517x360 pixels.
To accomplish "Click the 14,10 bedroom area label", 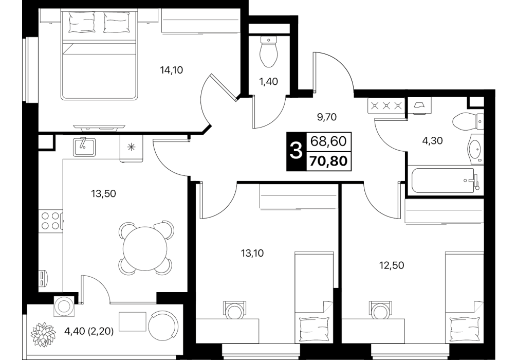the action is click(172, 70).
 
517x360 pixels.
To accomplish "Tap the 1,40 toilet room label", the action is click(269, 81).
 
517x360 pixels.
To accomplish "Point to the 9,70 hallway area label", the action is click(327, 117).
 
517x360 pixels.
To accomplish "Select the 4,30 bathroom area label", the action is click(432, 141).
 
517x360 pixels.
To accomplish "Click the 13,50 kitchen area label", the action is click(103, 194).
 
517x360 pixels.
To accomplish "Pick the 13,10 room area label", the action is click(252, 254).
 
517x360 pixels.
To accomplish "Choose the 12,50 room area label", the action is click(392, 265).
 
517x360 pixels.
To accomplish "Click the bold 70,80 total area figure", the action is click(329, 161).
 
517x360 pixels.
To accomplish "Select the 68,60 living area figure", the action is click(329, 141).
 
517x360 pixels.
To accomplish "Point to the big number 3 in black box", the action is click(296, 152).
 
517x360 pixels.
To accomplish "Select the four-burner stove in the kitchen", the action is click(50, 221).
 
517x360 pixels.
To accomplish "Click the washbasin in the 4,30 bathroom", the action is click(475, 150).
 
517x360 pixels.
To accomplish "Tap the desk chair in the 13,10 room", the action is click(235, 310).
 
